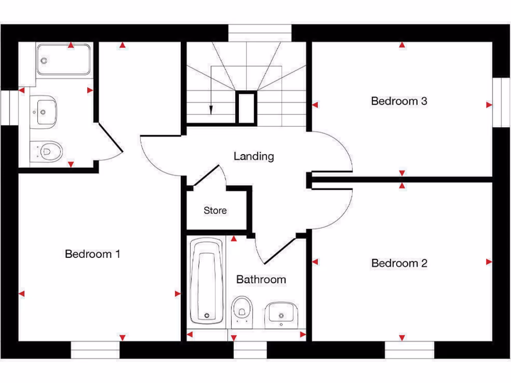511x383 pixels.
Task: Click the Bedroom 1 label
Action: (x=92, y=254)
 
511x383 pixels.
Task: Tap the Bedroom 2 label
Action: (x=399, y=263)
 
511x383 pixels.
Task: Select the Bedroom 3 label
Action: (x=399, y=101)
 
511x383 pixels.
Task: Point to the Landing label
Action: (x=254, y=156)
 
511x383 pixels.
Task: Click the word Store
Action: (x=215, y=210)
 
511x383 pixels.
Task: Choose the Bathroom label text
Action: (x=261, y=279)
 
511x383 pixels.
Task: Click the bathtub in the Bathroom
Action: (x=207, y=282)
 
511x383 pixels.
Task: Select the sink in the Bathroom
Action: (x=281, y=313)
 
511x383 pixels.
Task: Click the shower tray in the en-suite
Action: (x=64, y=60)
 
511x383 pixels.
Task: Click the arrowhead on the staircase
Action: (x=211, y=110)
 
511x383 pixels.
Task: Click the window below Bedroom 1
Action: (x=95, y=350)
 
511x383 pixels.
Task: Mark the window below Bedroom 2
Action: (x=410, y=350)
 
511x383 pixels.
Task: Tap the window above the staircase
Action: (x=259, y=33)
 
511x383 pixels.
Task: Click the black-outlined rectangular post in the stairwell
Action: (x=246, y=108)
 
